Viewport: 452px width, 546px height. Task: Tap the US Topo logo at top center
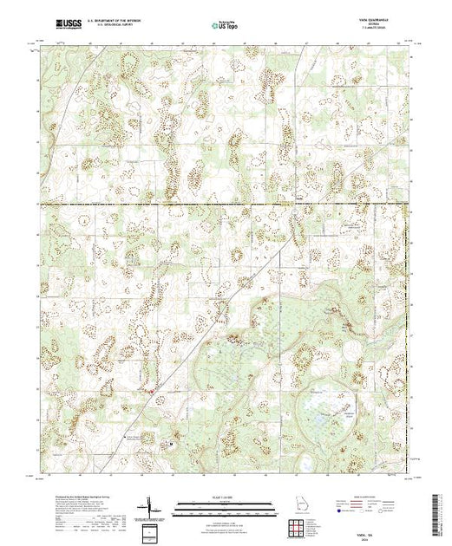(226, 24)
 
